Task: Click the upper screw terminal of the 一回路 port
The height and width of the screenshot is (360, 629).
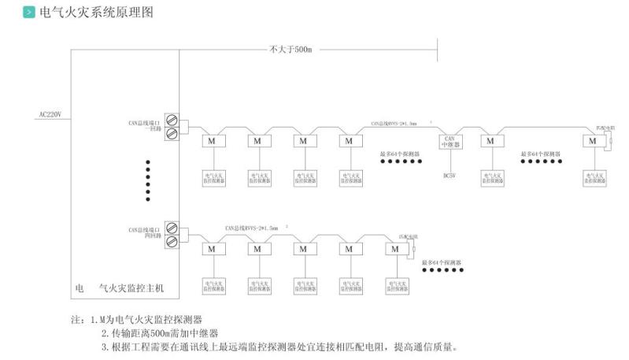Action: (x=171, y=121)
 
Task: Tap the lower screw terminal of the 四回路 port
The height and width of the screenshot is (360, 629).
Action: (x=171, y=240)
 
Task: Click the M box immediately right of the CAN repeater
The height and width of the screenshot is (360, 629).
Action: (x=491, y=141)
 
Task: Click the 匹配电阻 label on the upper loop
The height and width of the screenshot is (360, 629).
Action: (x=605, y=128)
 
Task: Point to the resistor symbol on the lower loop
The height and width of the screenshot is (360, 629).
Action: (x=412, y=251)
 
